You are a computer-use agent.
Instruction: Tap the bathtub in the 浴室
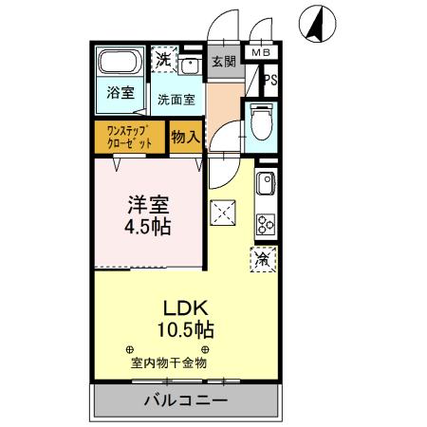120,65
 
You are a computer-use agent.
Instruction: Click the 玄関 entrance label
223,62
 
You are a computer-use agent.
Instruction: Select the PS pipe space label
270,82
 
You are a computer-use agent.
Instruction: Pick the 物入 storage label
185,137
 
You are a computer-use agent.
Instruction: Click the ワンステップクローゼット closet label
130,137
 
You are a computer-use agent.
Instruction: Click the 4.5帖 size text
148,229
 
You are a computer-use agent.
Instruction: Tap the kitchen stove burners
265,226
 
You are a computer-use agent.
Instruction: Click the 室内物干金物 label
168,362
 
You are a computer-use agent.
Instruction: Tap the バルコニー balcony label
185,399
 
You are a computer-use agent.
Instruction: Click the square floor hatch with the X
222,213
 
